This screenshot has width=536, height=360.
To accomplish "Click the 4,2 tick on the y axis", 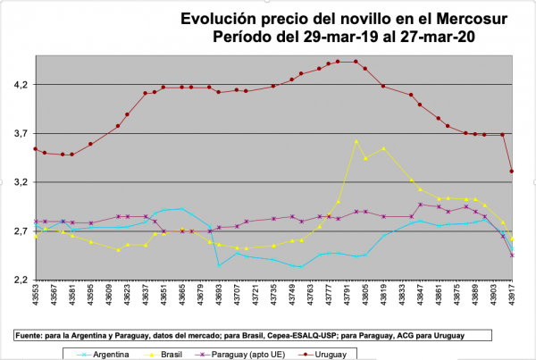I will [x=18, y=85].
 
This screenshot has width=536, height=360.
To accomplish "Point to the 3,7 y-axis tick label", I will [x=18, y=134].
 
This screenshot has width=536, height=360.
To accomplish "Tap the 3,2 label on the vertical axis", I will [x=18, y=182].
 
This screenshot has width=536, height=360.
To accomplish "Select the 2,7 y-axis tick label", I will [x=18, y=231].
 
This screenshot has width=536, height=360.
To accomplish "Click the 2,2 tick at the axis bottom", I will [x=18, y=280].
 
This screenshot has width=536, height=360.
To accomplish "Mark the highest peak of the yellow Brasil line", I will [x=356, y=141].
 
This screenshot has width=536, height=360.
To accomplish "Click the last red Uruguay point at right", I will [x=512, y=172].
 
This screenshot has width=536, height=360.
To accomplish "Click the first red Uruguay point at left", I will [x=35, y=149].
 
